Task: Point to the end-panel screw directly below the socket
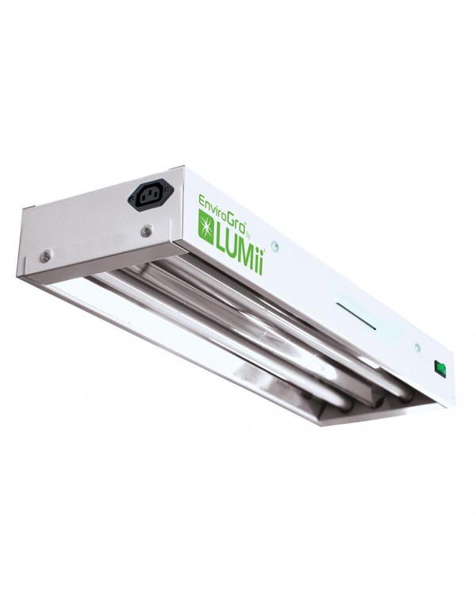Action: coord(145,232)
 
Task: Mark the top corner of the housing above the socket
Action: coord(184,167)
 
